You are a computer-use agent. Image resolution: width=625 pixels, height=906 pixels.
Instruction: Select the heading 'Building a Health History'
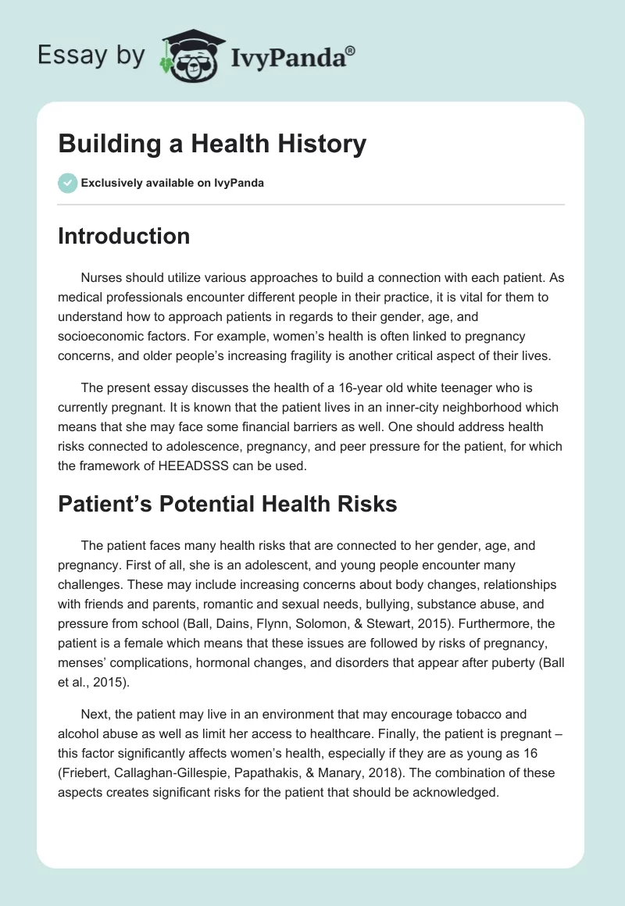coord(212,144)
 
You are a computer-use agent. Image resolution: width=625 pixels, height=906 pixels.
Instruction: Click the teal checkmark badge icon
coord(67,183)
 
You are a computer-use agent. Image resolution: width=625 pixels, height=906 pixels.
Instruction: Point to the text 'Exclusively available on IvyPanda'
coord(172,184)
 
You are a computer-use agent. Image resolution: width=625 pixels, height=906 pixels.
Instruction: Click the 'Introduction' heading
coord(123,236)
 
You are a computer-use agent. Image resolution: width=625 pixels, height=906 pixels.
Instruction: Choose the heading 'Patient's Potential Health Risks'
coord(227,504)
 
